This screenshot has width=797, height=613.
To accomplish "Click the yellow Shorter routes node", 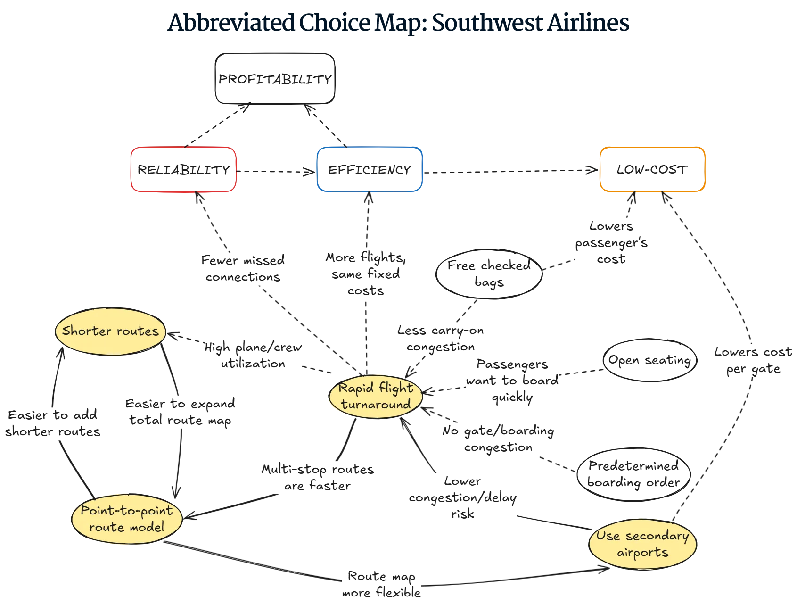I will (110, 331).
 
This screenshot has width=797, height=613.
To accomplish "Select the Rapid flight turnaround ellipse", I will (376, 396).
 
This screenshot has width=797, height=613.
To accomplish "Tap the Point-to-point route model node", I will (126, 518).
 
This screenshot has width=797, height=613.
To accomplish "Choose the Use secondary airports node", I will (642, 544).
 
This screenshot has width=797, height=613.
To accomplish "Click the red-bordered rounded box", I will (183, 169).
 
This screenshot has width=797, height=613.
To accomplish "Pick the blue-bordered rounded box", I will (369, 169).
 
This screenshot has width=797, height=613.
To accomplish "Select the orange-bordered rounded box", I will (652, 169).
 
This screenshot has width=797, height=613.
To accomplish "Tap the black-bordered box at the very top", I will (275, 79).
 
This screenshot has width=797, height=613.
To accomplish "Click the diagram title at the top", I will (398, 23).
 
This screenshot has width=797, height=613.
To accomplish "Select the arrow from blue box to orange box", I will (509, 171).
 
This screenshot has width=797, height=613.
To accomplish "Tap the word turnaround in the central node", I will (376, 405).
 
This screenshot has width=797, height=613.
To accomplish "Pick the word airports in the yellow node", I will (642, 552).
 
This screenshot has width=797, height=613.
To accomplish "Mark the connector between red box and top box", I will (217, 125).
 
